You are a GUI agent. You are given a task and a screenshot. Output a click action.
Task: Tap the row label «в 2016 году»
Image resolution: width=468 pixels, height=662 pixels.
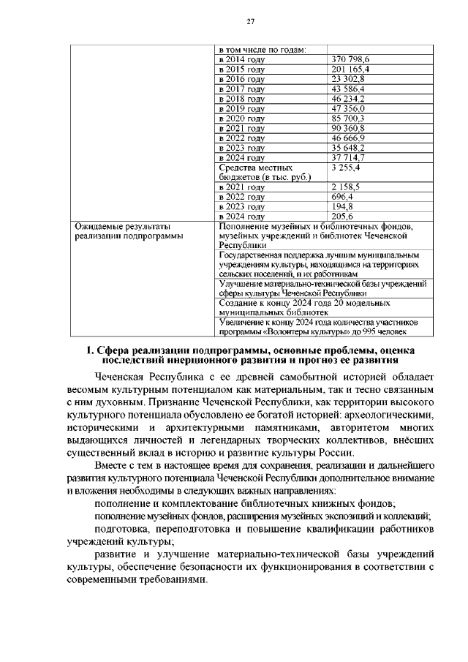pyautogui.click(x=242, y=78)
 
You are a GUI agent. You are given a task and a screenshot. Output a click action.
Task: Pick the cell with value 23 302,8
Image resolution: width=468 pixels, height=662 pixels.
pyautogui.click(x=348, y=78)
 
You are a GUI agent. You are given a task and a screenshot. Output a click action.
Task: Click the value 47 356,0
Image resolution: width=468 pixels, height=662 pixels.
pyautogui.click(x=348, y=108)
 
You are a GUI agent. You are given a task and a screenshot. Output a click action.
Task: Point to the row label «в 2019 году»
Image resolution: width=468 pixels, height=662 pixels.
pyautogui.click(x=242, y=108)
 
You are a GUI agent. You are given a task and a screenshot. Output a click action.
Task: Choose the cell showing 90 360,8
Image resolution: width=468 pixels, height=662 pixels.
pyautogui.click(x=348, y=128)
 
